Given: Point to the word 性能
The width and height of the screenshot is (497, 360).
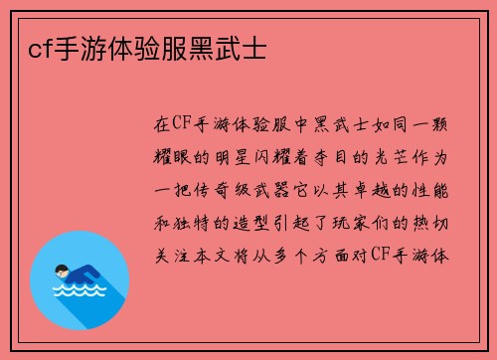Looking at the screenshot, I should pyautogui.click(x=434, y=188).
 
